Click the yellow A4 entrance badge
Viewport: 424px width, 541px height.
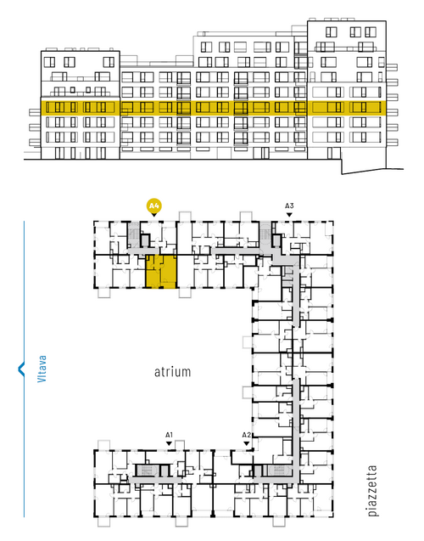point(154,206)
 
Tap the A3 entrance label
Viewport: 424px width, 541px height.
point(289,206)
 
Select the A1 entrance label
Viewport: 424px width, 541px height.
point(169,435)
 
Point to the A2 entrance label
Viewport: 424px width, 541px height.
point(246,435)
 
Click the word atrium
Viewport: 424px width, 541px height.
point(172,372)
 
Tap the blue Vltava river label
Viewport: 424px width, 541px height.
point(42,369)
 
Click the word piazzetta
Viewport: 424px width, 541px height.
point(372,491)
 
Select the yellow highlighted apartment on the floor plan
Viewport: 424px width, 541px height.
point(161,272)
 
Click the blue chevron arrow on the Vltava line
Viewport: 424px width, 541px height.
point(21,369)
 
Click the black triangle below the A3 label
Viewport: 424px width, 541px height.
point(289,215)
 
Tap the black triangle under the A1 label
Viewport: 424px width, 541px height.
point(169,443)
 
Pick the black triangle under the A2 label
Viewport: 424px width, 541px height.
point(246,443)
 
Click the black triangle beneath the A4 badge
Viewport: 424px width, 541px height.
point(154,215)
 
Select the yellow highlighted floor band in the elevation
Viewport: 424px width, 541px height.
point(213,108)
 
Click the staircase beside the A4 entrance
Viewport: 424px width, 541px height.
point(133,234)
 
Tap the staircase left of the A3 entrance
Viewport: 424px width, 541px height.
point(265,234)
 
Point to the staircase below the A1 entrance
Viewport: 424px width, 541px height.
point(147,471)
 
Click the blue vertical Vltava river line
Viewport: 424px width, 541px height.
point(24,369)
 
